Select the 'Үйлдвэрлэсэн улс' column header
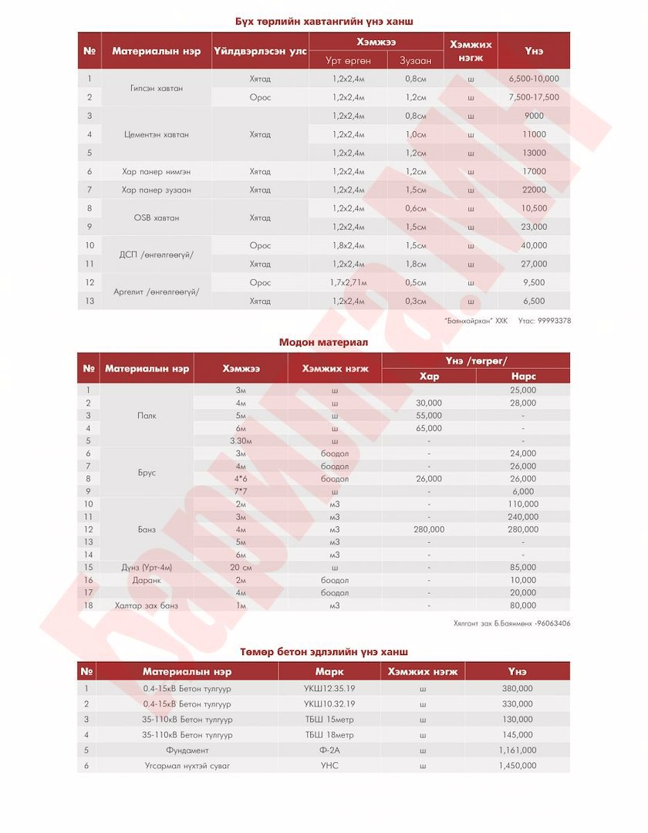tap(260, 52)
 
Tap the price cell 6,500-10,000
tap(534, 79)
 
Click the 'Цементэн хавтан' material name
tap(157, 134)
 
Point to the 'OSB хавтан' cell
tap(157, 218)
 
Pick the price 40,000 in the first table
tap(534, 245)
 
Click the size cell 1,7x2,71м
tap(349, 282)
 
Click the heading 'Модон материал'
tap(323, 342)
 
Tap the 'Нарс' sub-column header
tap(523, 376)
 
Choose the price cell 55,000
tap(429, 415)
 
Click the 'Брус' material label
tap(147, 472)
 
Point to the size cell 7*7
tap(241, 491)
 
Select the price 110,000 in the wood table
tap(523, 504)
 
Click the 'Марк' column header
tap(329, 672)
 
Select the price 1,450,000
tap(517, 765)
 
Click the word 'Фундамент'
tap(187, 750)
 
